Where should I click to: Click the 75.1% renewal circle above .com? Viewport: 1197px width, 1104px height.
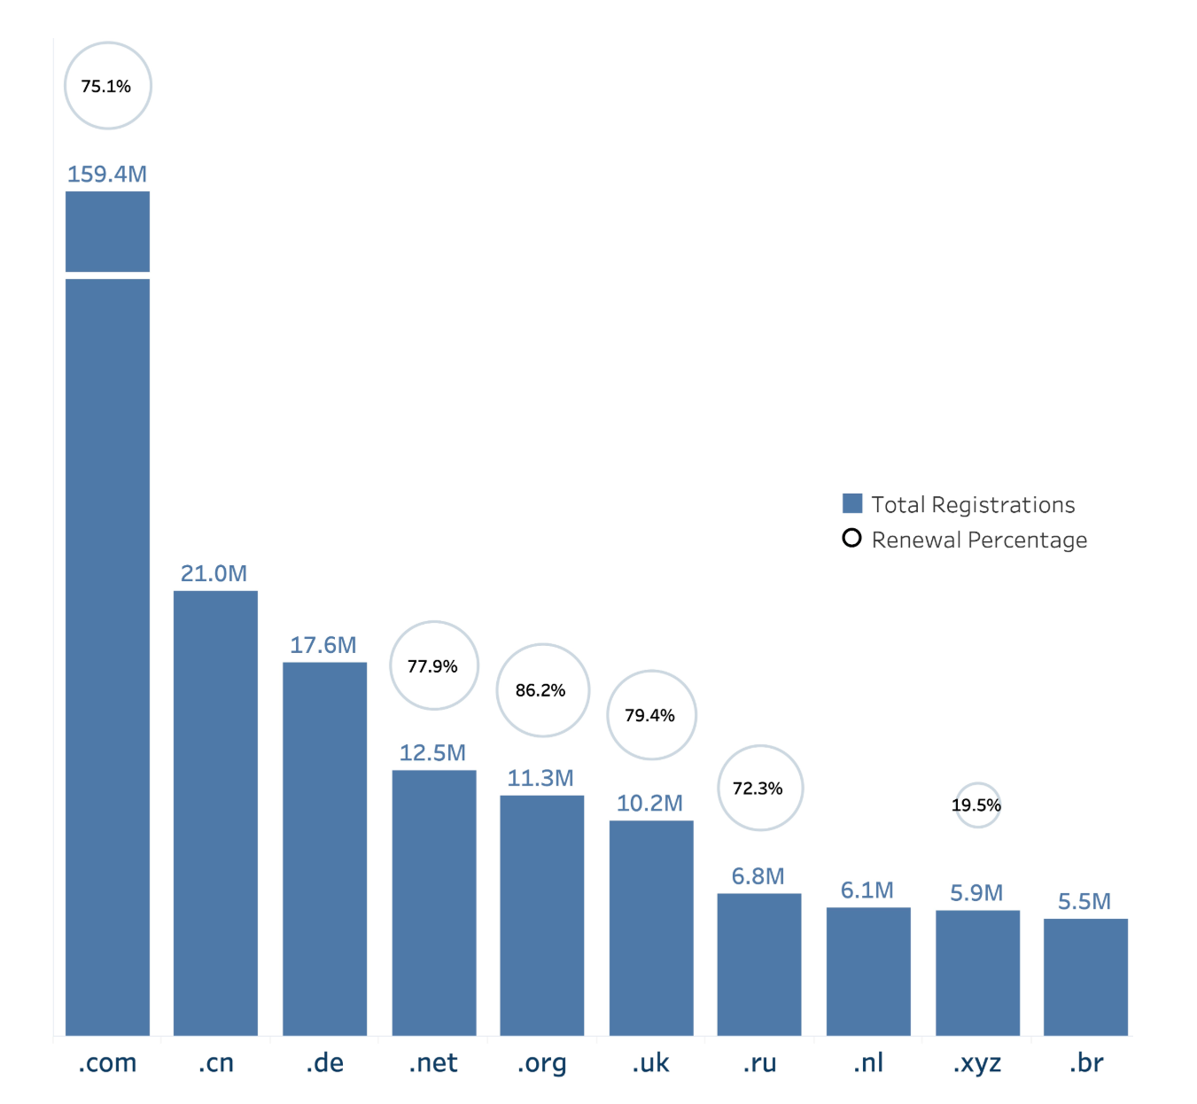(108, 86)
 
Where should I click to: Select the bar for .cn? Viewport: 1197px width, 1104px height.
(215, 812)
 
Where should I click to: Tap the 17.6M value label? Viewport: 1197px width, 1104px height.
(323, 645)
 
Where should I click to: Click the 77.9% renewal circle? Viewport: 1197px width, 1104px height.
(434, 665)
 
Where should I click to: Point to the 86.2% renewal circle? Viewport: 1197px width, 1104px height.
(542, 690)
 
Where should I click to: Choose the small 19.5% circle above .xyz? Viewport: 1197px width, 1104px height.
(977, 805)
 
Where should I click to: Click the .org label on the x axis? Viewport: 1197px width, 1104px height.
(541, 1063)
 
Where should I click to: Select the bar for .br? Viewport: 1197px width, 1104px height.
(1085, 976)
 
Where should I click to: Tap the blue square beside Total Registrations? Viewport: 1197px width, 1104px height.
(852, 503)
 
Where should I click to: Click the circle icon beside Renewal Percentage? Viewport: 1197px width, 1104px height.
(851, 538)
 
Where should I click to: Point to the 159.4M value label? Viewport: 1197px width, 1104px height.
(107, 174)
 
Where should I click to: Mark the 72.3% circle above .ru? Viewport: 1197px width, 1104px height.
(759, 788)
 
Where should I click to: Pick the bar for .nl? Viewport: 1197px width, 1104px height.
(868, 971)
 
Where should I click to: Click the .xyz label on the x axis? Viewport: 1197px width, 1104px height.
(977, 1063)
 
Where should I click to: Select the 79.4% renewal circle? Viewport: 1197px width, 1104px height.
(651, 715)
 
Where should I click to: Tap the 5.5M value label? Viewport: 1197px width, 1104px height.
(1084, 901)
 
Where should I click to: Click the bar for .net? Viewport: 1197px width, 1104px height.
(434, 902)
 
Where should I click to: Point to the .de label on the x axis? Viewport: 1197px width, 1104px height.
(324, 1063)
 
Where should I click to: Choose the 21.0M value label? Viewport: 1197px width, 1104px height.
(214, 573)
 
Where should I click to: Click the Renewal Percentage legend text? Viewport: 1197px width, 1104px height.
(979, 540)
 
